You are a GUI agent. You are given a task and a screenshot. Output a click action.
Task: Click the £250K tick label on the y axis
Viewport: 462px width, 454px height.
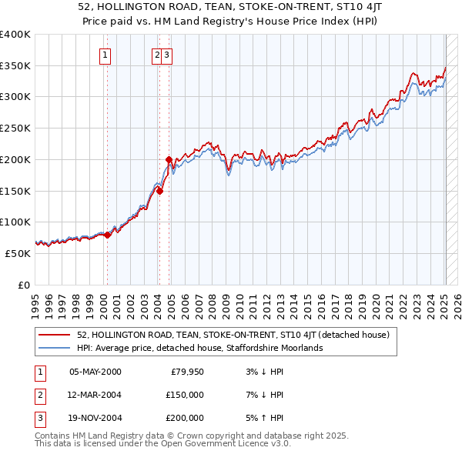coord(15,129)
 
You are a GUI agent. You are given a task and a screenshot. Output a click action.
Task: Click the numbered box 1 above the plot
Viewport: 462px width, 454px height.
coord(104,55)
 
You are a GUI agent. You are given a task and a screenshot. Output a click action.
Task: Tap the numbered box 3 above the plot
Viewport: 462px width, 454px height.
coord(167,55)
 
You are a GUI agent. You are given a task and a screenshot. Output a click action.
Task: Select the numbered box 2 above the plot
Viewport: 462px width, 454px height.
coord(156,55)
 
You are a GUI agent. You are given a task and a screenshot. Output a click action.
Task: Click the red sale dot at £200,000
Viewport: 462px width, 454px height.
coord(168,159)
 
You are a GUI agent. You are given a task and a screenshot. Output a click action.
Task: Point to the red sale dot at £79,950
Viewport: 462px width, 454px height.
coord(107,235)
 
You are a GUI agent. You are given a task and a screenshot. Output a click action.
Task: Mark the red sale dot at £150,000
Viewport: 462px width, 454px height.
coord(159,192)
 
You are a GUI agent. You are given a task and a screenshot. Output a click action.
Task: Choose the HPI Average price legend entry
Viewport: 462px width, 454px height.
coord(199,348)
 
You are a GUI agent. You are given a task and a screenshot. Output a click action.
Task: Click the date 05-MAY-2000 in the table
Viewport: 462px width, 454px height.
coord(95,372)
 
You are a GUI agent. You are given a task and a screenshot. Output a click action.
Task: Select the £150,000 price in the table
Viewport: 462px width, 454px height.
coord(184,395)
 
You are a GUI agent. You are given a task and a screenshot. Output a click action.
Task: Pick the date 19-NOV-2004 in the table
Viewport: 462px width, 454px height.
coord(95,418)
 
